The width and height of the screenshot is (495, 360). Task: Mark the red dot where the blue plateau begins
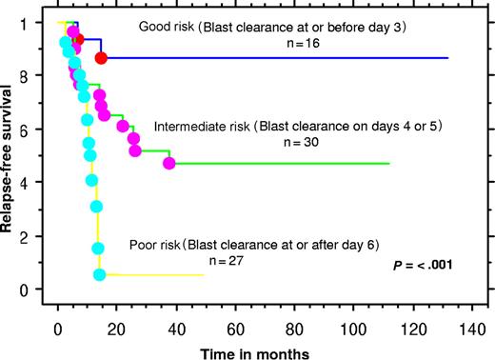point(101,59)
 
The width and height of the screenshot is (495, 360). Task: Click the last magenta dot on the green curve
point(168,164)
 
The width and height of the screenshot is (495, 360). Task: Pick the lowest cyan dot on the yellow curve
point(99,274)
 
